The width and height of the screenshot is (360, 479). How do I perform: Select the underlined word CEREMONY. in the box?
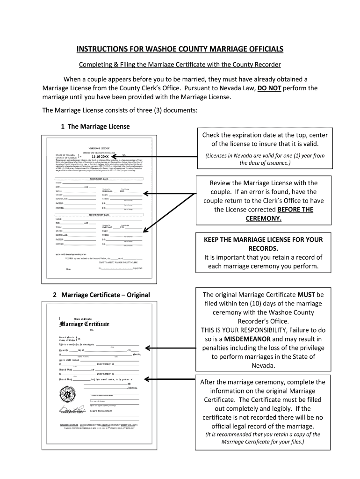click(263, 218)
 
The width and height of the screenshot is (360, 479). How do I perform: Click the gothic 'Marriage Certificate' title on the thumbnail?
click(84, 324)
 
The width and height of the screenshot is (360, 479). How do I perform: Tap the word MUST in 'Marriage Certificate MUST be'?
click(306, 295)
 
